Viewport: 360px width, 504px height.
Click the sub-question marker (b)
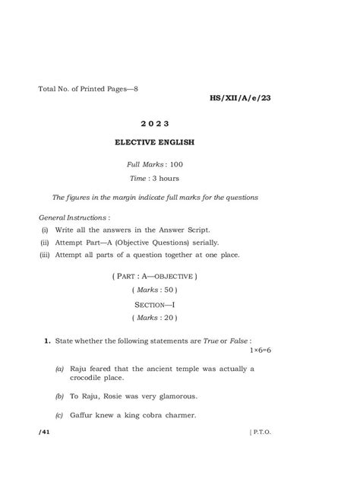tap(59, 396)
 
